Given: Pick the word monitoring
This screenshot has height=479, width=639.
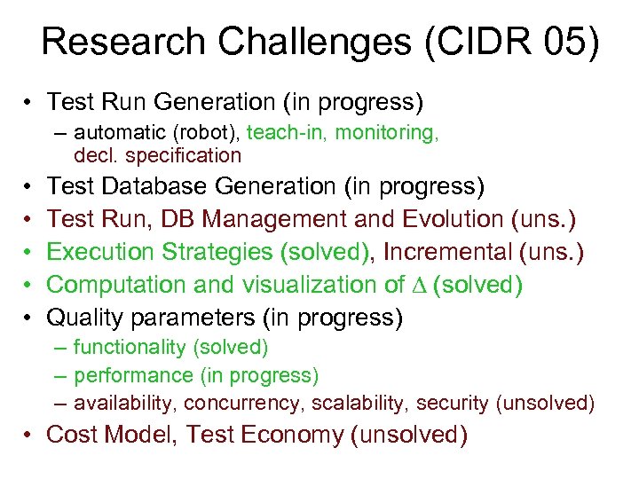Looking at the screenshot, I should [386, 133].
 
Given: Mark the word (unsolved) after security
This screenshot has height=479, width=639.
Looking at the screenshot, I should [545, 404].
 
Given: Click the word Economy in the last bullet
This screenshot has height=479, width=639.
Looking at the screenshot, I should [290, 435].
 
